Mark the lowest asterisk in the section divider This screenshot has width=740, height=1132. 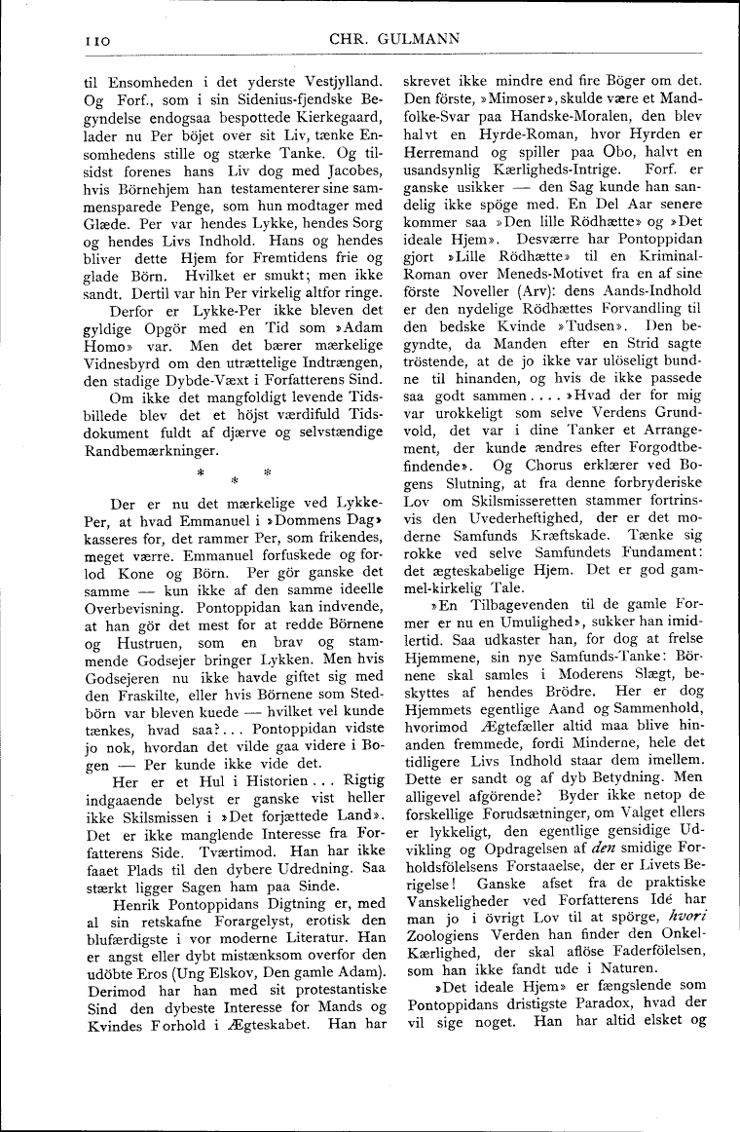[x=234, y=482]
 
